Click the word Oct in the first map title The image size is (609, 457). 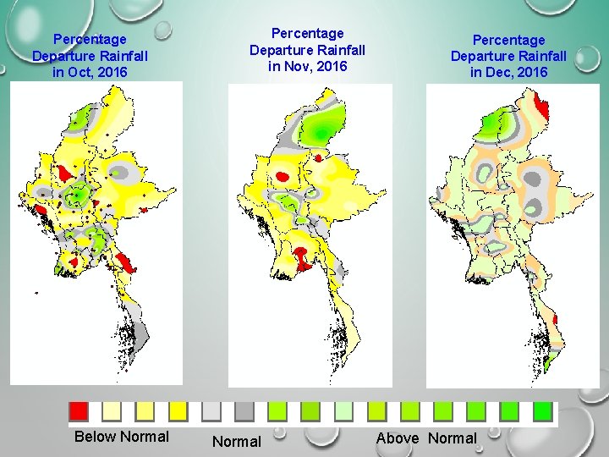pyautogui.click(x=75, y=73)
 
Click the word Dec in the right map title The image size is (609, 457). pyautogui.click(x=495, y=73)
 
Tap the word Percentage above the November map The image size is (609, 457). pyautogui.click(x=307, y=33)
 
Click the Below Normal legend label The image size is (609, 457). pyautogui.click(x=122, y=437)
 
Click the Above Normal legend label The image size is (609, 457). pyautogui.click(x=426, y=438)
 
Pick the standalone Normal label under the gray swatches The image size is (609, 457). pyautogui.click(x=236, y=442)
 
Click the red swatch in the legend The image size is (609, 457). pyautogui.click(x=79, y=410)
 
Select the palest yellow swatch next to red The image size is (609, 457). pyautogui.click(x=112, y=410)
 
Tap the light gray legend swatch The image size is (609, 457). pyautogui.click(x=211, y=410)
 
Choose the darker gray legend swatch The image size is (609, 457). pyautogui.click(x=244, y=410)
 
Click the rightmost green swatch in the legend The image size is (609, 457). pyautogui.click(x=542, y=410)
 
